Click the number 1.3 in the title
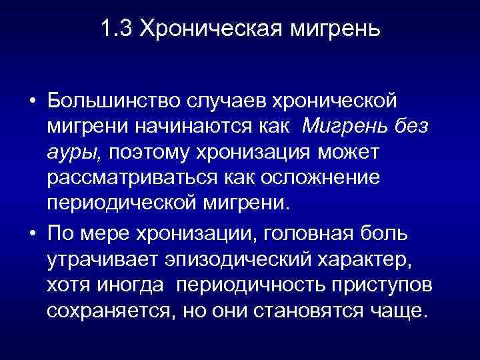pyautogui.click(x=116, y=30)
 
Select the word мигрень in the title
pyautogui.click(x=329, y=30)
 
